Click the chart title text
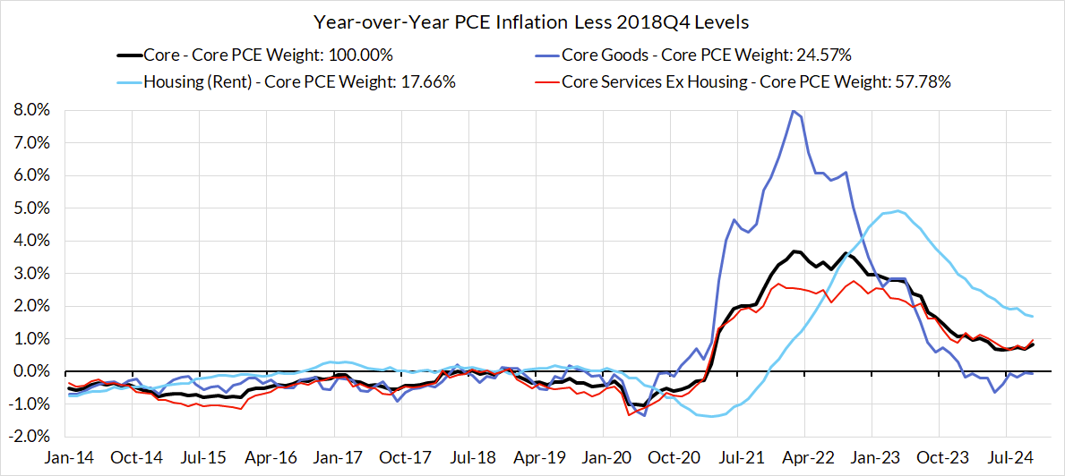click(532, 21)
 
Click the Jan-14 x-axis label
click(69, 456)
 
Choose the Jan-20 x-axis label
click(608, 456)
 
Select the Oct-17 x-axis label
click(405, 456)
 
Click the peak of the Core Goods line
click(792, 111)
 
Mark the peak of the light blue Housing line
click(898, 211)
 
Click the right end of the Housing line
click(1033, 316)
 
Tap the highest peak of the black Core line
click(794, 251)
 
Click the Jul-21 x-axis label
click(744, 456)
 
